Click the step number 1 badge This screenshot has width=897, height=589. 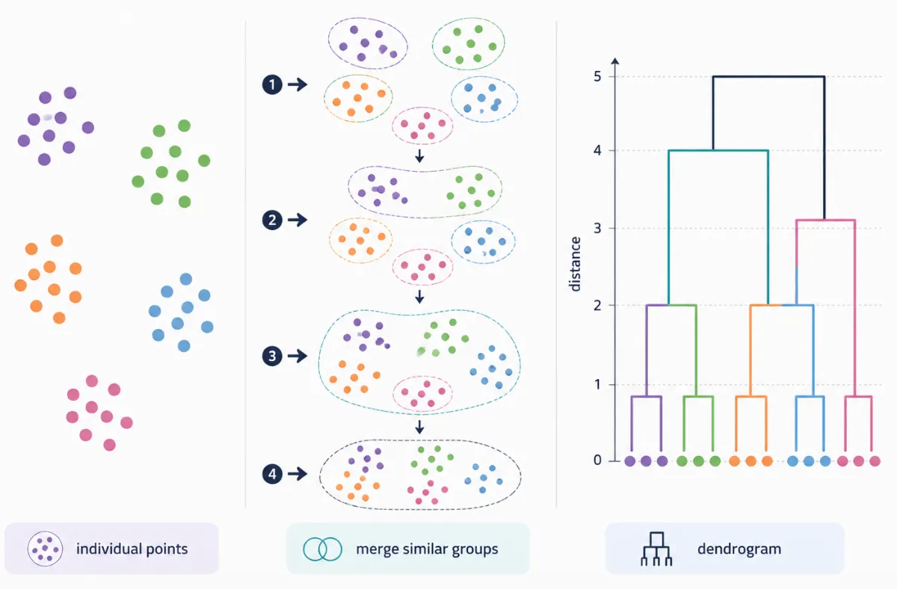[x=272, y=84]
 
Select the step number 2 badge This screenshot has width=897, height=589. [x=272, y=220]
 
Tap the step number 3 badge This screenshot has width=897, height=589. [x=272, y=356]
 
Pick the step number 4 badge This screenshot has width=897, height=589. [x=272, y=474]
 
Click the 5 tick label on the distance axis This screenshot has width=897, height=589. [x=597, y=76]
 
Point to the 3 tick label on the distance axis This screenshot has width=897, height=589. [x=597, y=228]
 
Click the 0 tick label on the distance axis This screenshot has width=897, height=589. [x=597, y=460]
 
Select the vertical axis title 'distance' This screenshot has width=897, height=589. [x=575, y=264]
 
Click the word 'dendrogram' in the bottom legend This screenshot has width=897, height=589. [x=739, y=549]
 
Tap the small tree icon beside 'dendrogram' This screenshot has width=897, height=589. [x=656, y=549]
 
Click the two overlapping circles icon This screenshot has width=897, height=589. [x=323, y=549]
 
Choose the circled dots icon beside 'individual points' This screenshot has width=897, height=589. [x=46, y=549]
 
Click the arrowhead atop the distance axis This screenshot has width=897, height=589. [x=615, y=61]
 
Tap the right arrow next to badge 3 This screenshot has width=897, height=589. [x=298, y=356]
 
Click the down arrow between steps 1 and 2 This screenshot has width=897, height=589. [x=419, y=156]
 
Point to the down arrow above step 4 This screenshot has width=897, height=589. [x=419, y=428]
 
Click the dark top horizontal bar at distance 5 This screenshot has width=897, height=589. [x=769, y=76]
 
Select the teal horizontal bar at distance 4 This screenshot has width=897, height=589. [x=718, y=150]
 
